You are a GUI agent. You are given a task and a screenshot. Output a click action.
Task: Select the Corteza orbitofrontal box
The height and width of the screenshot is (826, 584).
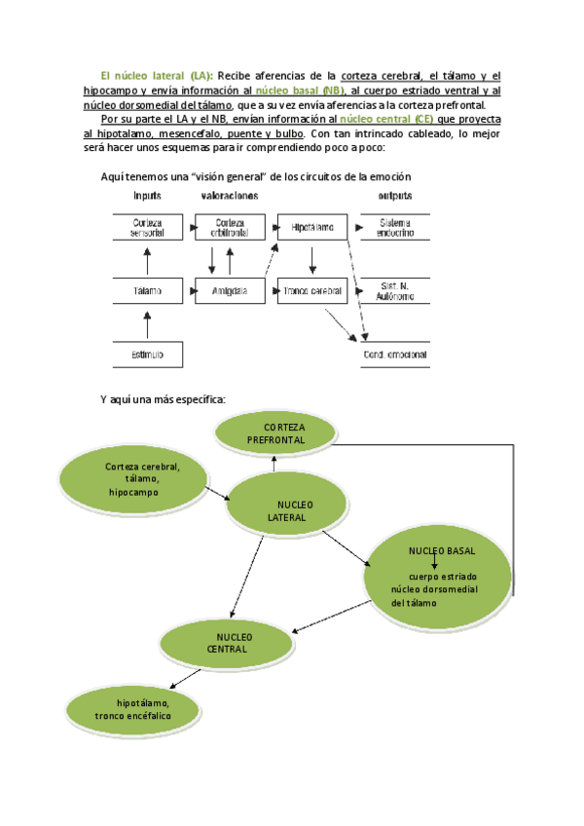(229, 228)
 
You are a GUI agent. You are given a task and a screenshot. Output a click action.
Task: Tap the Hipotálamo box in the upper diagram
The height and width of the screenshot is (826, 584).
(311, 228)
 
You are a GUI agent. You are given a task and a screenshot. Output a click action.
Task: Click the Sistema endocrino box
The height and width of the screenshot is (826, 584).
(395, 228)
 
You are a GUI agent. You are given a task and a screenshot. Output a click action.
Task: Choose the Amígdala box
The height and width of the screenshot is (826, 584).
(229, 291)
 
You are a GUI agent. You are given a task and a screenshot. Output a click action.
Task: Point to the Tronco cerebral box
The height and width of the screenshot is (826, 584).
(311, 291)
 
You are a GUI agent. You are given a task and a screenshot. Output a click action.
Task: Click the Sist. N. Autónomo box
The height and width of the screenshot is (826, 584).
(395, 291)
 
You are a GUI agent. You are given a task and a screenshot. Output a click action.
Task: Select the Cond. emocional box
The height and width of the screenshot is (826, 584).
(395, 355)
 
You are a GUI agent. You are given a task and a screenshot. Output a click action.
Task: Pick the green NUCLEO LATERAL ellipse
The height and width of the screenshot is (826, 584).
(288, 510)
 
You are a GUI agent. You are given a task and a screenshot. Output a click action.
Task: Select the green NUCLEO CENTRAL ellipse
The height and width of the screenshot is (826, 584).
(229, 643)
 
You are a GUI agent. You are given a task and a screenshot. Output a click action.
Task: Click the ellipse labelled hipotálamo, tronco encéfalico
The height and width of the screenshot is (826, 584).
(132, 709)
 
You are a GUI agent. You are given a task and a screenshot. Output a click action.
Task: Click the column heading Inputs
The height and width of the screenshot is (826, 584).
(148, 196)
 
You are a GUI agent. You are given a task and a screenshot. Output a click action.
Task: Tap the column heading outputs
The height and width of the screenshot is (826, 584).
(394, 196)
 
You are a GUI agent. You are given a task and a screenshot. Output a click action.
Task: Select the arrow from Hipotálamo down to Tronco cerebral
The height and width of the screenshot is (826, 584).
(311, 259)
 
